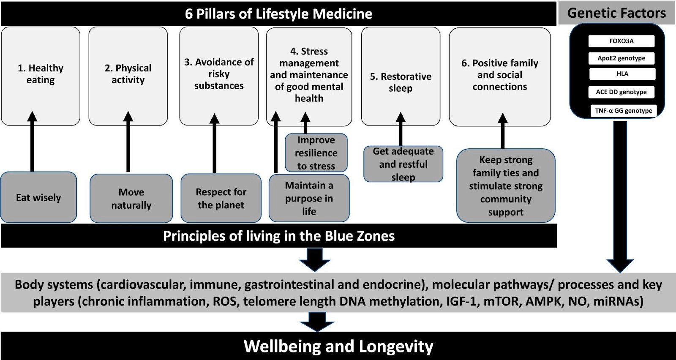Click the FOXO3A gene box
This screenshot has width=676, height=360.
tap(621, 41)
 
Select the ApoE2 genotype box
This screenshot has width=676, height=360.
tap(621, 58)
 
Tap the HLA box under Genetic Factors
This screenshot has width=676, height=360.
tap(622, 74)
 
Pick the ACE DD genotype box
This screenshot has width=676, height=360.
tap(621, 92)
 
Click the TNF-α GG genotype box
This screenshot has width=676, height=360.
tap(624, 111)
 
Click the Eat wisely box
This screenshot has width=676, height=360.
tap(38, 197)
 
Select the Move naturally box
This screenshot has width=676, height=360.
tap(131, 198)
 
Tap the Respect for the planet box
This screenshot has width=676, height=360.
tap(221, 198)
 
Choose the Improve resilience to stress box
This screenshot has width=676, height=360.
tap(316, 153)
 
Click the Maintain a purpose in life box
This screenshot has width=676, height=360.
tap(309, 198)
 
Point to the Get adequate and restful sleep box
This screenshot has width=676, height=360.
tap(403, 164)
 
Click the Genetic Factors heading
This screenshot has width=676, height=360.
tap(616, 13)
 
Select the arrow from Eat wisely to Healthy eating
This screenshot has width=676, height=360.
tap(32, 141)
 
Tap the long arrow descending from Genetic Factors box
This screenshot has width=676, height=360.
tap(620, 197)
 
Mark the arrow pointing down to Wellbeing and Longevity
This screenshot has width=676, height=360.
tap(317, 322)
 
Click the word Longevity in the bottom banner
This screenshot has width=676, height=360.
tap(396, 346)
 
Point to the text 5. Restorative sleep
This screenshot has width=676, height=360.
tap(401, 82)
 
